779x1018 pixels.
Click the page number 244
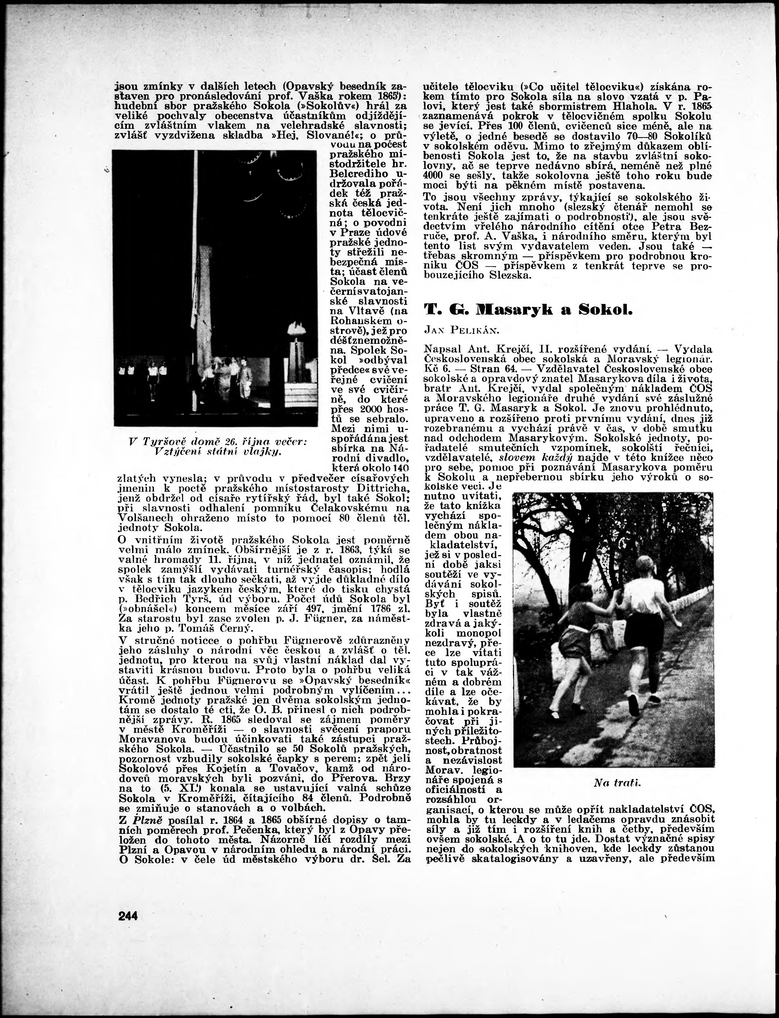pos(128,916)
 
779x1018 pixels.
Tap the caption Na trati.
pos(617,783)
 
